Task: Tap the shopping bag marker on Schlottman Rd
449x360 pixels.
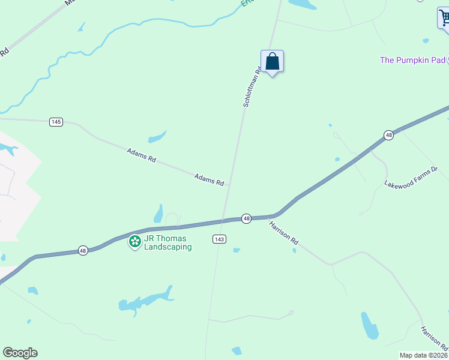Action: (272, 62)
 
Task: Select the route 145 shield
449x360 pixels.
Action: (56, 122)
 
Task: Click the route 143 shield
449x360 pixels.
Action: (219, 239)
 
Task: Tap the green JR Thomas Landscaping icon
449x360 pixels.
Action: (135, 242)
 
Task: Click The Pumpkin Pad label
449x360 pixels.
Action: (412, 60)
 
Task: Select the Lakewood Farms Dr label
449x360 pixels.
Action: (412, 176)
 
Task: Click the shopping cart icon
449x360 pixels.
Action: (444, 18)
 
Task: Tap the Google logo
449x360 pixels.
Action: (20, 353)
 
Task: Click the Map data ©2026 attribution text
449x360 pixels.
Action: (424, 355)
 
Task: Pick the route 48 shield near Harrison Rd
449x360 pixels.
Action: (246, 218)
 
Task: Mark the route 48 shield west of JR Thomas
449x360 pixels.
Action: (83, 250)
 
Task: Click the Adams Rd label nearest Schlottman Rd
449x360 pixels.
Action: (209, 178)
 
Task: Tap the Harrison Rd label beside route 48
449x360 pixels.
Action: (283, 232)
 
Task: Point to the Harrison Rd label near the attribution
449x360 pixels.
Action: (433, 339)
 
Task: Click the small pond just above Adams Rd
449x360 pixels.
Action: (157, 137)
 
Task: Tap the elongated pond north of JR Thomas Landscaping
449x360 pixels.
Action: (158, 214)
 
